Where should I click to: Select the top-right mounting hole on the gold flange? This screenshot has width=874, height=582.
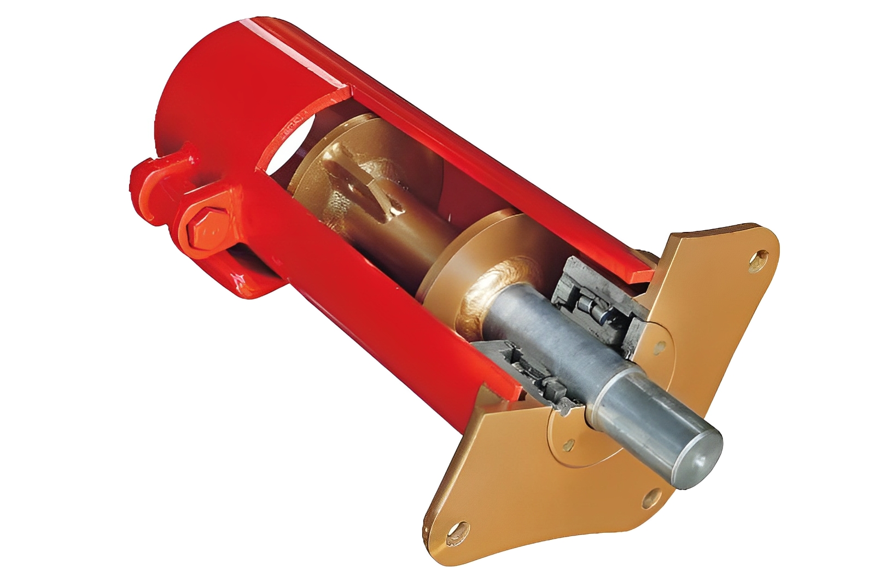[x=760, y=257]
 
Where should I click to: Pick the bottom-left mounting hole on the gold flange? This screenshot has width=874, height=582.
[x=457, y=531]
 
